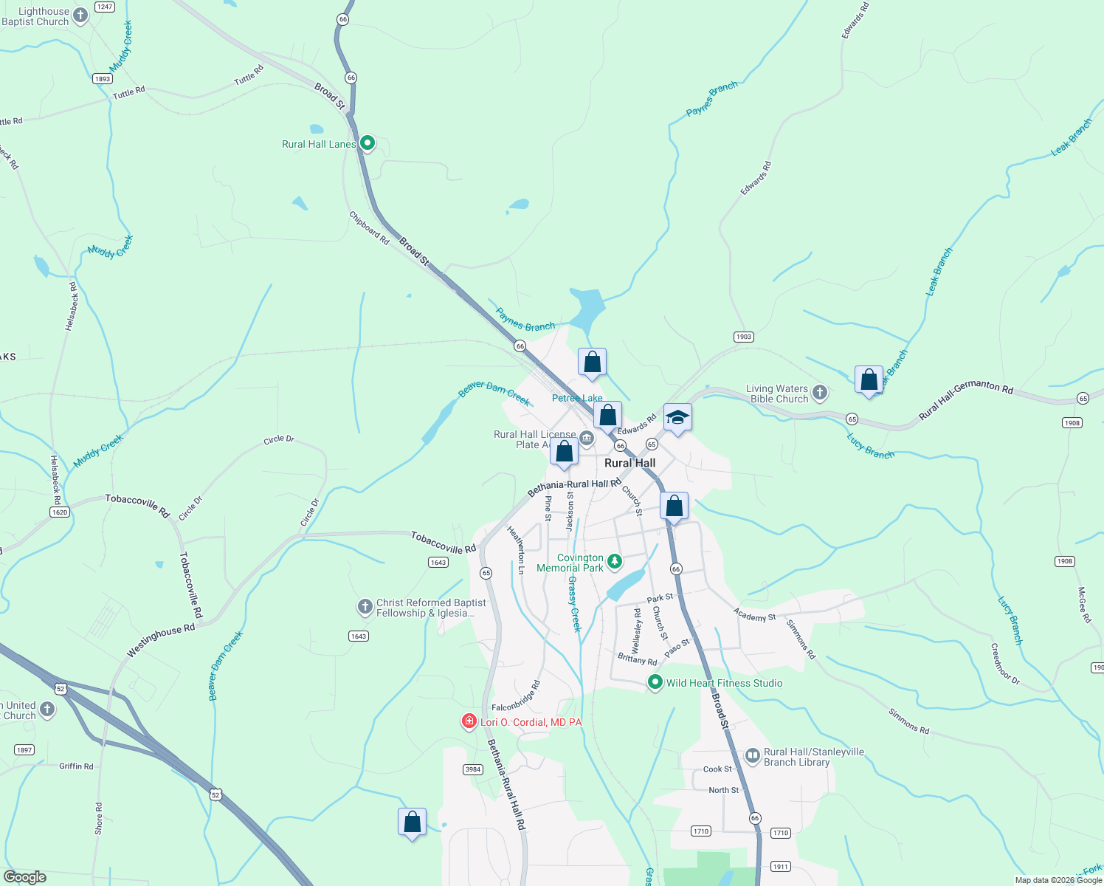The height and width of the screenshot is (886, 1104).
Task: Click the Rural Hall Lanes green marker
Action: pos(367,143)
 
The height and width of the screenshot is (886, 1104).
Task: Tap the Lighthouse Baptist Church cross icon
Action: pos(81,15)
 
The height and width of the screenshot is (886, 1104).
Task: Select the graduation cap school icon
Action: pos(677,418)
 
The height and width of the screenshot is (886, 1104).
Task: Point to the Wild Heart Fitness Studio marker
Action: pos(655,682)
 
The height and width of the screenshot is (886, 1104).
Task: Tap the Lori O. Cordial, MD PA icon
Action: pos(469,721)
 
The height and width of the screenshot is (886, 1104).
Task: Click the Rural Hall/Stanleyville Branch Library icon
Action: pos(752,755)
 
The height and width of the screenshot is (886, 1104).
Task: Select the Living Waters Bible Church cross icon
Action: pos(820,392)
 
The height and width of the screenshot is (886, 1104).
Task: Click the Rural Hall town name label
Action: pos(629,463)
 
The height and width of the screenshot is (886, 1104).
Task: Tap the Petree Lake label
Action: pos(577,398)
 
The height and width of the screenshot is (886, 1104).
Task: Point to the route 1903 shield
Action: pos(743,337)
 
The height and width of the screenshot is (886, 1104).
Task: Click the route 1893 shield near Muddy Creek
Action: pos(103,79)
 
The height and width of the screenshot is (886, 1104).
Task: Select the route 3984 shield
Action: pos(473,769)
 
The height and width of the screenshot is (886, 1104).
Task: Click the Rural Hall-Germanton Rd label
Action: pos(966,399)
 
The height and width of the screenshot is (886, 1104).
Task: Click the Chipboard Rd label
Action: pos(369,228)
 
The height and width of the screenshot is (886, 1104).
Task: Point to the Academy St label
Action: pos(754,615)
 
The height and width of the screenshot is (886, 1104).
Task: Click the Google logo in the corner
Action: pos(24,877)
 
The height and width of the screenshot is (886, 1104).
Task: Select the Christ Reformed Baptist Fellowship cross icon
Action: pos(365,607)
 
